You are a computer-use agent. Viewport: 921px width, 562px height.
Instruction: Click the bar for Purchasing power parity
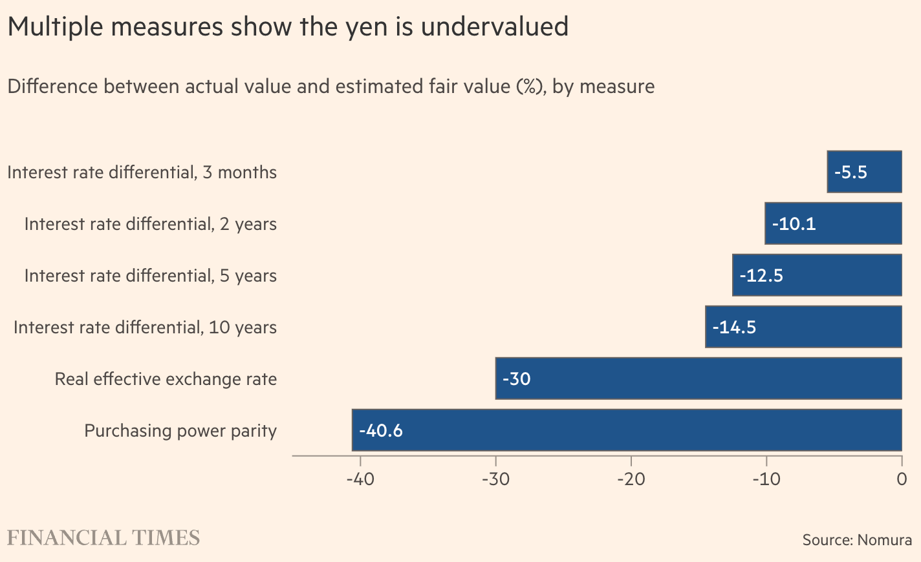pos(627,430)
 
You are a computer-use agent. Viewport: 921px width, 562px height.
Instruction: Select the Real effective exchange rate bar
pos(699,378)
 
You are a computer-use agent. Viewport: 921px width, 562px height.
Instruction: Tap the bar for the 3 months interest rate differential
pos(865,172)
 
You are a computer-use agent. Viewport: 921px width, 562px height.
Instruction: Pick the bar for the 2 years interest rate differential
pos(834,224)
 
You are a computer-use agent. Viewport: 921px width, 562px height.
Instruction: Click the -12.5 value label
pos(761,275)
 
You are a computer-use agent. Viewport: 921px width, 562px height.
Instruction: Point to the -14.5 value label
pos(734,327)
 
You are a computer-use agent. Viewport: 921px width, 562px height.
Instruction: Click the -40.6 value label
pos(381,431)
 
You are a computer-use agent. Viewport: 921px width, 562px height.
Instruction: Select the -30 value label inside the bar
pos(516,379)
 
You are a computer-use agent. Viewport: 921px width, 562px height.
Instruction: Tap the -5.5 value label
pos(851,172)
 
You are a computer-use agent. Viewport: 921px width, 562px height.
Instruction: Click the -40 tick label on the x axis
pos(360,479)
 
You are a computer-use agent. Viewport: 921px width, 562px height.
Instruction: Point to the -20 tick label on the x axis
pos(631,479)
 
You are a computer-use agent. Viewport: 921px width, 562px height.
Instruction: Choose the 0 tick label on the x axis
pos(902,479)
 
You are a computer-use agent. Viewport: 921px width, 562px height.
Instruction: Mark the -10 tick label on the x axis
pos(766,479)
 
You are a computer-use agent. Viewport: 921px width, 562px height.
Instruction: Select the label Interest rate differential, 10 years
pos(145,328)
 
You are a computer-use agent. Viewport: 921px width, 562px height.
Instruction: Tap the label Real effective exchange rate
pos(166,379)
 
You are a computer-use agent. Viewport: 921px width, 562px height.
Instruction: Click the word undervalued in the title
pos(495,26)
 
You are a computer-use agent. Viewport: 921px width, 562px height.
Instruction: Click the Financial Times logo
pos(103,538)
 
